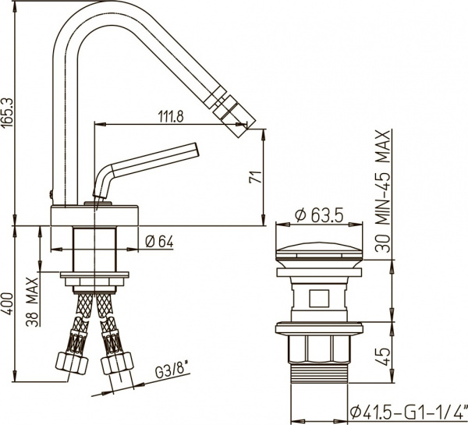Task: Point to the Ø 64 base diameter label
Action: pyautogui.click(x=159, y=242)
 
